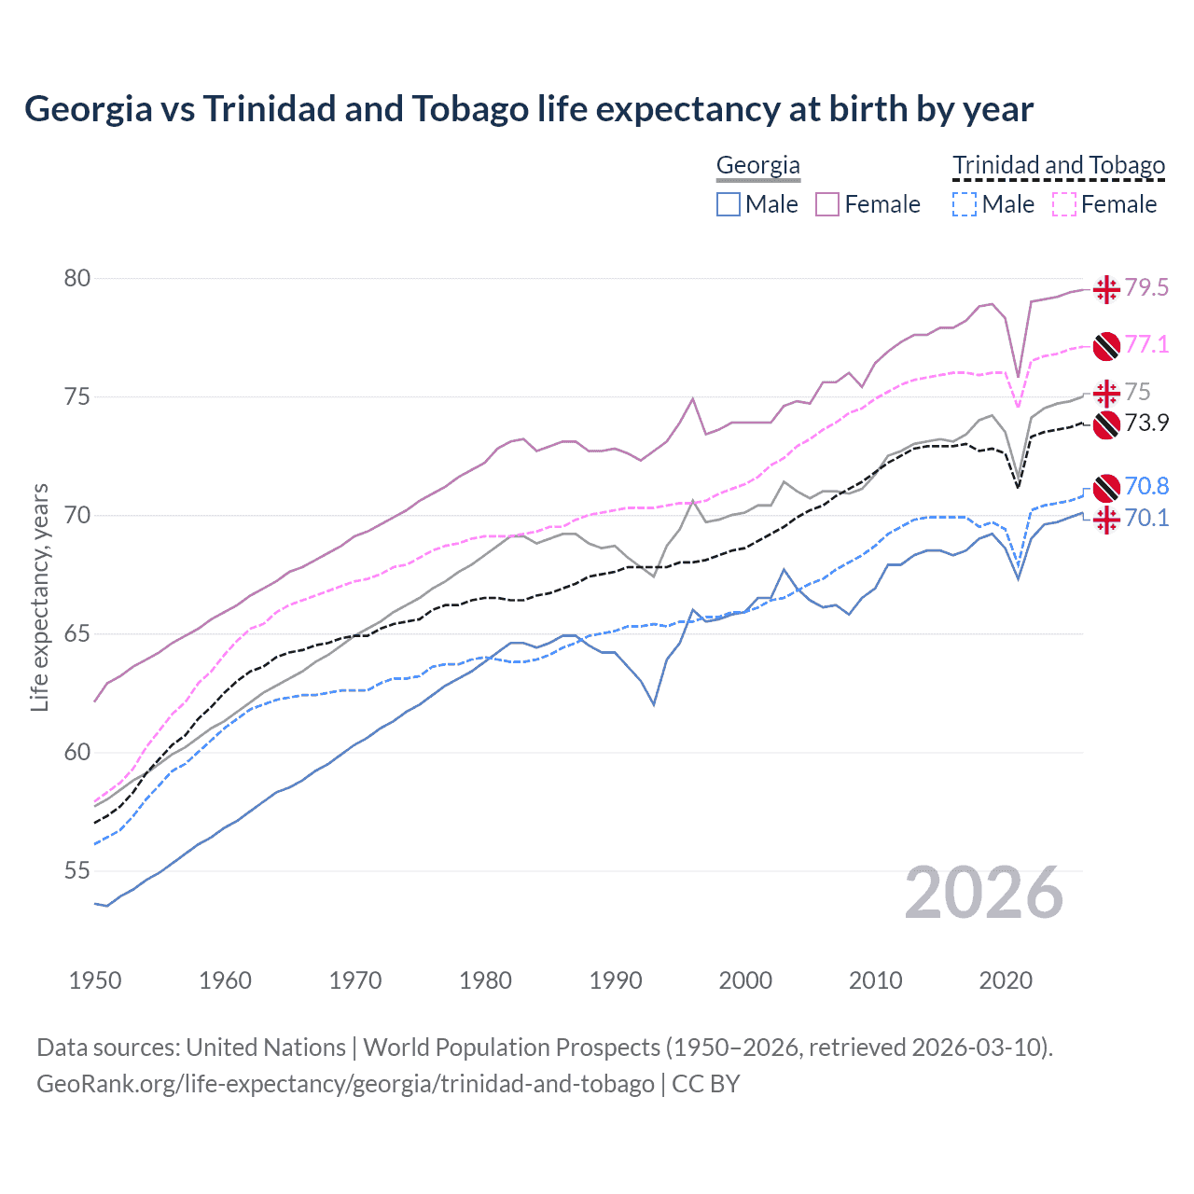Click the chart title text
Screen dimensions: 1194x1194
pos(528,109)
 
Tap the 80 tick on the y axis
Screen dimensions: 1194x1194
pos(77,278)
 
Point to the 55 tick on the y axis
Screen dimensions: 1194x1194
pos(77,870)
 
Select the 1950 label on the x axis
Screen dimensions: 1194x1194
pos(95,980)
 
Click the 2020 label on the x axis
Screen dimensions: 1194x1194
pos(1006,980)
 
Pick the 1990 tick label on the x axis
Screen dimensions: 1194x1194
pos(616,980)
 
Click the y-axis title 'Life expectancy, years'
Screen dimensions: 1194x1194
pos(40,597)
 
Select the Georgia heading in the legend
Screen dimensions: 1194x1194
pos(757,165)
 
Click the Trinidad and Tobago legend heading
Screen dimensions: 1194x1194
pos(1059,165)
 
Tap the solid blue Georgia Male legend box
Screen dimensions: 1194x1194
pos(729,204)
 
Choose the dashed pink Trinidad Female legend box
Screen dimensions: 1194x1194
pos(1064,204)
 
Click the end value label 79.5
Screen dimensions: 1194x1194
pos(1146,288)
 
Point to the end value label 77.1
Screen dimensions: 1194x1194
pos(1146,344)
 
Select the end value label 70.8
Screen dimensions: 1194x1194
pos(1146,486)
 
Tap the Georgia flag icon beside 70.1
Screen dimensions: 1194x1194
pos(1106,519)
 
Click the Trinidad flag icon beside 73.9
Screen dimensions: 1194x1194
pos(1106,424)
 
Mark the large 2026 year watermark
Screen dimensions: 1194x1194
pos(983,893)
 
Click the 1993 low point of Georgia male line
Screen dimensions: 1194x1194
pos(654,704)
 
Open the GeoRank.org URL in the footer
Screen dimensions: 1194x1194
pos(345,1084)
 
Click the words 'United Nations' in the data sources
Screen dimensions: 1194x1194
pos(266,1048)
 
